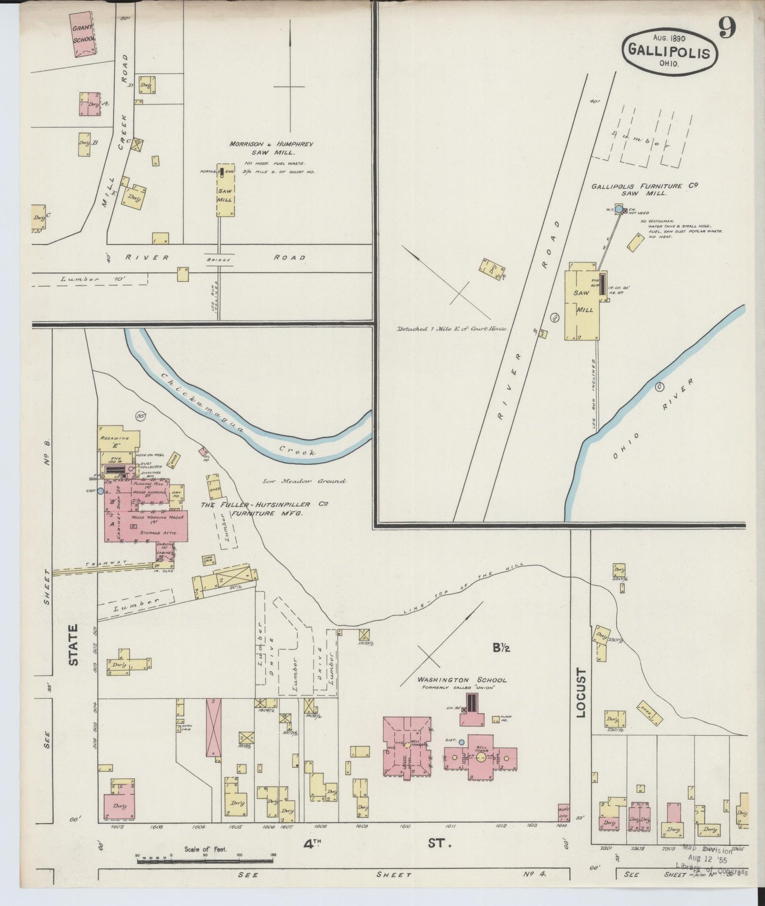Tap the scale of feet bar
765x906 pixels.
coord(206,861)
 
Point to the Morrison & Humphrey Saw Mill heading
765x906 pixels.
coord(272,147)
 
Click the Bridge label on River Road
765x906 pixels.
coord(218,258)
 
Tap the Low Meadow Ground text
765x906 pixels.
coord(304,481)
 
